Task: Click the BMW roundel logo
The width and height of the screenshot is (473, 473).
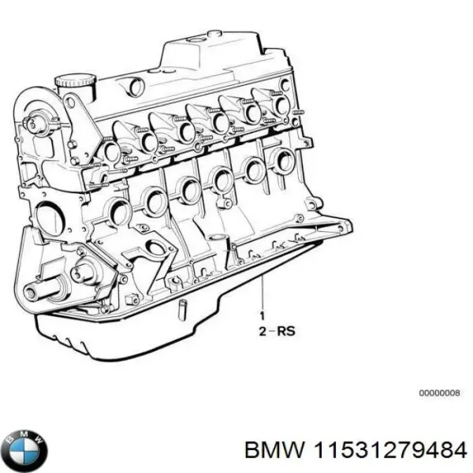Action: pyautogui.click(x=24, y=450)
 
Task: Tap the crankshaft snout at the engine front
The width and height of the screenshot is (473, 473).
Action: pyautogui.click(x=32, y=293)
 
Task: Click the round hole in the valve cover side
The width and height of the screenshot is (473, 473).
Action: pyautogui.click(x=137, y=87)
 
